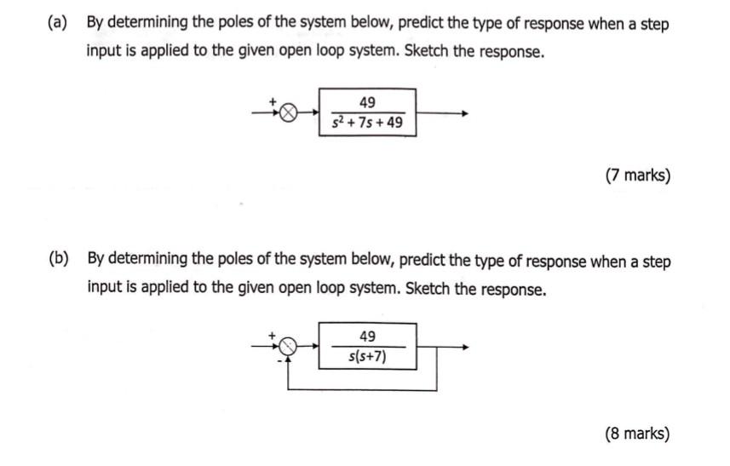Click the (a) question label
57,24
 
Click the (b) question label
58,260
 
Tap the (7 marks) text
637,176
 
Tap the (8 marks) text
637,434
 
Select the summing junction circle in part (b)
290,347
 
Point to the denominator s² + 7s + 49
367,124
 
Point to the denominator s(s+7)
367,357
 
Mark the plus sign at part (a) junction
274,102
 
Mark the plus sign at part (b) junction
274,336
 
